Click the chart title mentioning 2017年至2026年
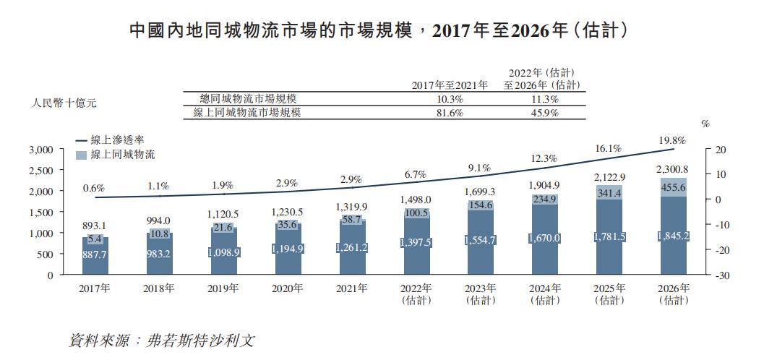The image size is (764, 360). click(382, 30)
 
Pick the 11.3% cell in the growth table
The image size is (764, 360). click(544, 99)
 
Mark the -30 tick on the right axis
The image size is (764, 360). click(721, 275)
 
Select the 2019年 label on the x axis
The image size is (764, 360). click(224, 288)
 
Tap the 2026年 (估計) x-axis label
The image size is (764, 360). click(674, 293)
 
